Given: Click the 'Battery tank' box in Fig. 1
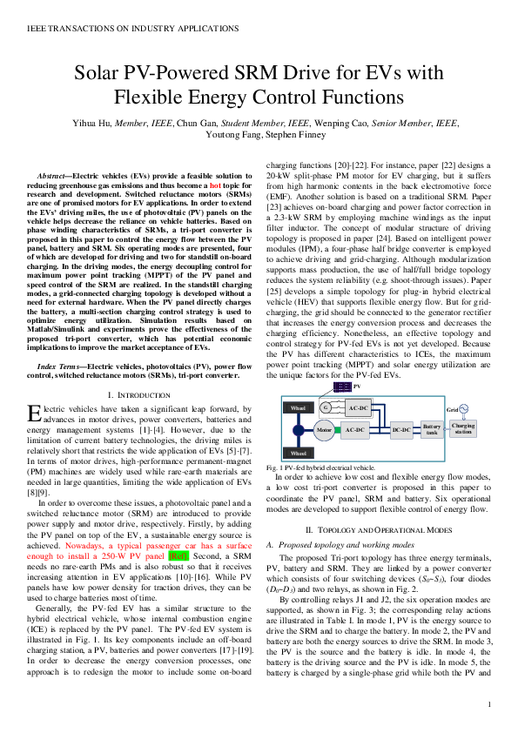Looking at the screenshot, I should pyautogui.click(x=432, y=429).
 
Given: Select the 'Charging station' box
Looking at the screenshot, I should pyautogui.click(x=475, y=428).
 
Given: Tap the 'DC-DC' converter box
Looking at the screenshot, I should pyautogui.click(x=400, y=429).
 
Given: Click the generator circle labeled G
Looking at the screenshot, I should pyautogui.click(x=325, y=407).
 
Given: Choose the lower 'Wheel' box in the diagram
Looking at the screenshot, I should pyautogui.click(x=298, y=453).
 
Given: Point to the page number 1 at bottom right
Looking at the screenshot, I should pyautogui.click(x=491, y=704).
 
